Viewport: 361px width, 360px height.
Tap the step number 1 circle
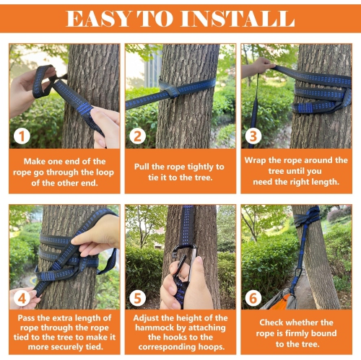(24, 135)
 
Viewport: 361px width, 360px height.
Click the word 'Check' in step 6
(277, 322)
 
